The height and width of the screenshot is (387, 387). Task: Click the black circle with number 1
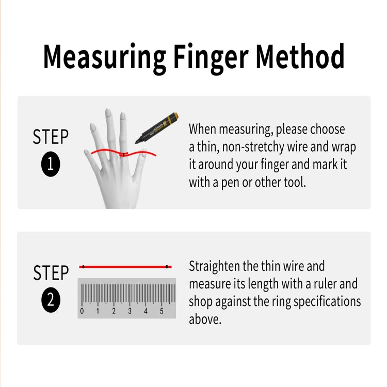pos(51,165)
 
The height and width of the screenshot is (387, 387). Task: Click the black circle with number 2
pos(51,300)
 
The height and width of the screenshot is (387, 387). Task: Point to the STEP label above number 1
pos(51,137)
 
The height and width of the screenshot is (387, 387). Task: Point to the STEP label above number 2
pos(51,273)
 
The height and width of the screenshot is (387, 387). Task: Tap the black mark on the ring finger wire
pos(123,154)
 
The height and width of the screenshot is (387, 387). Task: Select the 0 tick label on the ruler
pos(82,311)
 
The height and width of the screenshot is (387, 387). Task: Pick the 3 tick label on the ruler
pos(130,311)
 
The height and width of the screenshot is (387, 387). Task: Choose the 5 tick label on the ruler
pos(162,311)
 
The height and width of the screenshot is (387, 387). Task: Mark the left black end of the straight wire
pos(83,267)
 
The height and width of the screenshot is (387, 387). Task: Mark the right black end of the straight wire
pos(167,267)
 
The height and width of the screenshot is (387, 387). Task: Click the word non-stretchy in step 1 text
pos(250,147)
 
